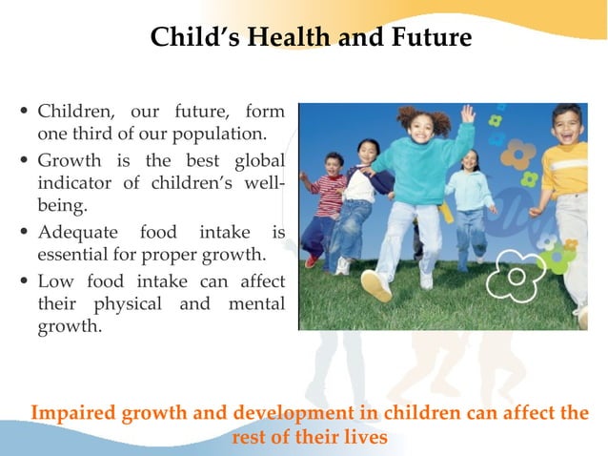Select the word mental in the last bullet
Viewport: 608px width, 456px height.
tap(254, 305)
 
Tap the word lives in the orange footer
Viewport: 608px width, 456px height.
tap(367, 438)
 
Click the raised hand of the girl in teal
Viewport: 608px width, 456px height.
tap(467, 114)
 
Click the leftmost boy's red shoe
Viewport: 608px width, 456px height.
tap(312, 260)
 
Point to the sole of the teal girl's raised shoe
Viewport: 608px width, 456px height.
tap(375, 287)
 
